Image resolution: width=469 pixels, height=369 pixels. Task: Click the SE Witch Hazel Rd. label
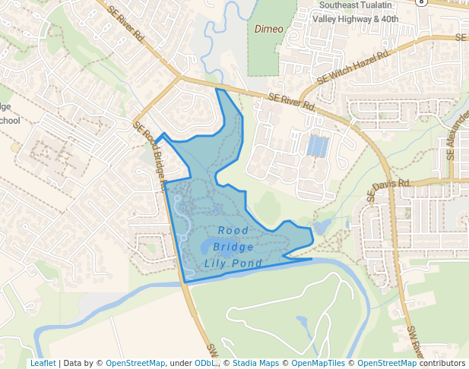click(x=353, y=67)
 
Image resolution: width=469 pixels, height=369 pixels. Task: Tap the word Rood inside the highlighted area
click(x=233, y=230)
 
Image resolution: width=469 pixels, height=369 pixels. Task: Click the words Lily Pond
click(x=233, y=263)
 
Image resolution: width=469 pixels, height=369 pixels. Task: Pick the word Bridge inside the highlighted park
click(x=233, y=247)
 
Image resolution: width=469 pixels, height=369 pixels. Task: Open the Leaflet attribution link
click(x=43, y=363)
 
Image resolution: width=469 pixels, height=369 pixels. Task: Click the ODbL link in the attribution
click(x=206, y=363)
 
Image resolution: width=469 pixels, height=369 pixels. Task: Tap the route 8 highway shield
click(x=422, y=2)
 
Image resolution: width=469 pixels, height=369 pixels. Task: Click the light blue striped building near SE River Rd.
click(x=318, y=145)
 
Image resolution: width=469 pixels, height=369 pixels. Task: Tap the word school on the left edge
click(x=9, y=121)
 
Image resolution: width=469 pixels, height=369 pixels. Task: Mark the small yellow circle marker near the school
click(x=15, y=147)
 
